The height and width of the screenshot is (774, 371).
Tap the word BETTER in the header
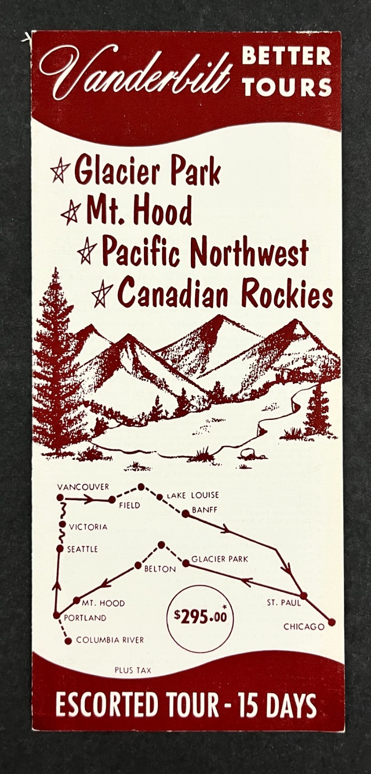tap(286, 57)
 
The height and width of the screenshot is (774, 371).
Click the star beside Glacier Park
tap(60, 171)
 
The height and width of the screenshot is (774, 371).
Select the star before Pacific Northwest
tap(87, 252)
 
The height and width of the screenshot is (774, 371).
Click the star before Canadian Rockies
tap(102, 293)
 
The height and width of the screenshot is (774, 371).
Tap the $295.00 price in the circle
tap(200, 616)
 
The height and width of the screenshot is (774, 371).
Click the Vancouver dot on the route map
tap(60, 497)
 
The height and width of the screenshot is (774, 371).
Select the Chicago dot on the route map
tap(331, 622)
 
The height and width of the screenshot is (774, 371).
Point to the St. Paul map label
tap(284, 603)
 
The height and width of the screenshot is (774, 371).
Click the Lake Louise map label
tap(193, 495)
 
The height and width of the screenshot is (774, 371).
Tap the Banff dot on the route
tap(185, 514)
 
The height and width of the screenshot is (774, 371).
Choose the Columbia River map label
tap(110, 640)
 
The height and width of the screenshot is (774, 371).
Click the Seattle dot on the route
tap(60, 549)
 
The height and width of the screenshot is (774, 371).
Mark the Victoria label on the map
tap(88, 527)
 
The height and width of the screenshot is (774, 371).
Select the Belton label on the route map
tap(160, 569)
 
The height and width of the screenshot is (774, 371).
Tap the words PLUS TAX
tap(133, 670)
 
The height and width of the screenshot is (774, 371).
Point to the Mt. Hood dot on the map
tap(76, 600)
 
